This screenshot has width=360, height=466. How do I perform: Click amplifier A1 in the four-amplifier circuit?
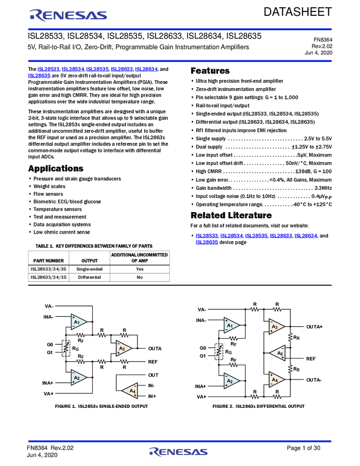point(78,322)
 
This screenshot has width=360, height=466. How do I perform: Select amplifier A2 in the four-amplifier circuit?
point(78,378)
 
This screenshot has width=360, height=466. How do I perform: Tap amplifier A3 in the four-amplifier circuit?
point(123,349)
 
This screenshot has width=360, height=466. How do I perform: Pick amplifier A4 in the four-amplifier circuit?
point(130,390)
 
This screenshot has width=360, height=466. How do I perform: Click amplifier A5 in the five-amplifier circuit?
point(278,354)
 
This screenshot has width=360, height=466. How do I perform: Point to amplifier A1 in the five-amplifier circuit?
point(231,326)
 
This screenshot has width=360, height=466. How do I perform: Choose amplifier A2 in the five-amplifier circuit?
point(231,380)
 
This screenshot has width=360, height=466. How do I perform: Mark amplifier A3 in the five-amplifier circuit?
point(276,327)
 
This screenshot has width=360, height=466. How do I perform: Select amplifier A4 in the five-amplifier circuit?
point(276,379)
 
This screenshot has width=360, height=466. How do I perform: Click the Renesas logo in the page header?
point(68,15)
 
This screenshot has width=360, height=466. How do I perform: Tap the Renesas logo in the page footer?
point(178,452)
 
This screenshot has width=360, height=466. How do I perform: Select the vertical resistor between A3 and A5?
point(290,337)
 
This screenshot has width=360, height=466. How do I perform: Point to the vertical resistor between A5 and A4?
point(290,368)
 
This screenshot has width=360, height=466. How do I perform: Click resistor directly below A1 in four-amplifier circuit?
point(81,335)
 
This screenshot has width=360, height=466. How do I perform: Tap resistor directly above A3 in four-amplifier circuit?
point(124,335)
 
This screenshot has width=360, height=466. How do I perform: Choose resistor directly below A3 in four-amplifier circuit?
point(124,361)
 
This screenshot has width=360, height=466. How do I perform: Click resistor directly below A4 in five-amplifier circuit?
point(276,396)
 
